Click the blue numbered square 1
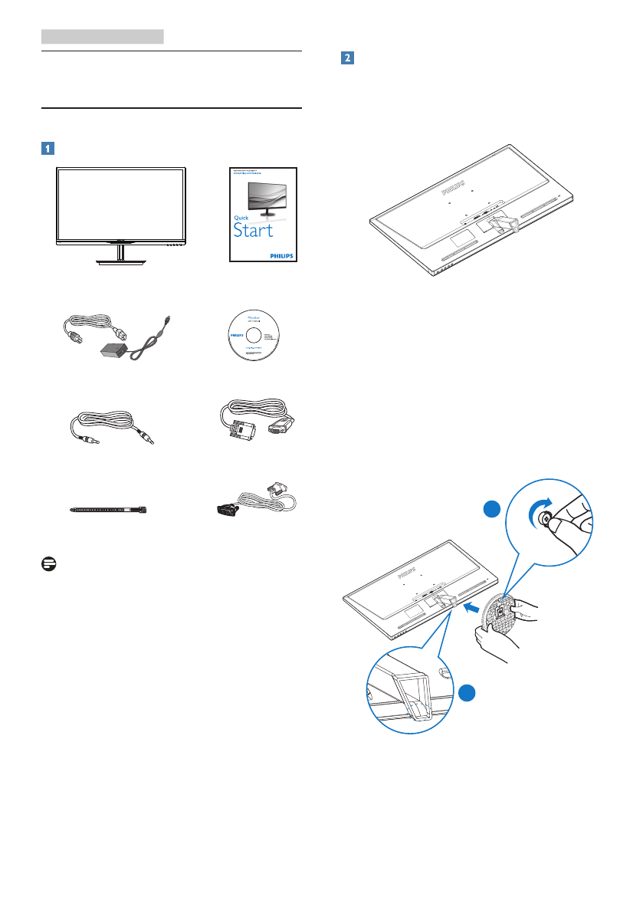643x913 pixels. coord(48,148)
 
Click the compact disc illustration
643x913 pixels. coord(254,336)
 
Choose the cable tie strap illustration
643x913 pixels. coord(110,508)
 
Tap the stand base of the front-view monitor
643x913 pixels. coord(121,261)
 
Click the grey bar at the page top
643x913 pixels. coord(103,36)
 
